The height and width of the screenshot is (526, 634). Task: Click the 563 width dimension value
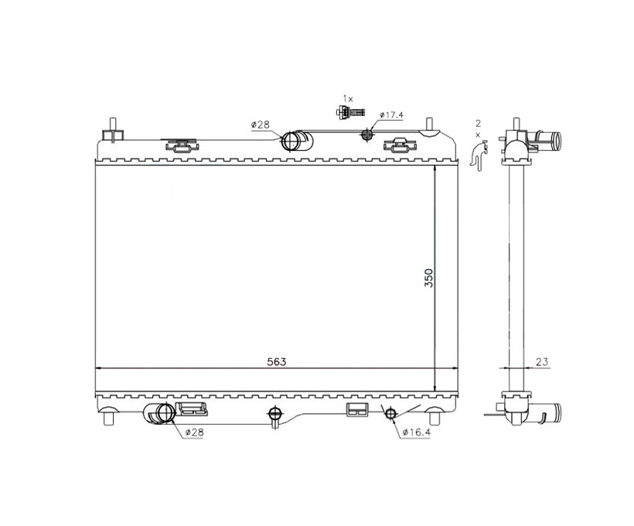pos(277,362)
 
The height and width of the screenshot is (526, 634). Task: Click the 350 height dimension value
pos(428,278)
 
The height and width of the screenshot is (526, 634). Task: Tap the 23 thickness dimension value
pos(542,362)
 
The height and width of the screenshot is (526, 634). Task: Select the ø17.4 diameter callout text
pos(391,115)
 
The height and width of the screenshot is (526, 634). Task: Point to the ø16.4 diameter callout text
pos(417,432)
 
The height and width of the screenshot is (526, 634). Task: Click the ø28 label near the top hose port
pos(260,125)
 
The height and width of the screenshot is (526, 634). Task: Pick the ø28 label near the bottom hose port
pos(195,432)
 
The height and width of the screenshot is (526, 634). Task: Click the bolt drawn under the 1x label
pos(350,111)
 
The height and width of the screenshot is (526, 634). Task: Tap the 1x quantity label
pos(348,98)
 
